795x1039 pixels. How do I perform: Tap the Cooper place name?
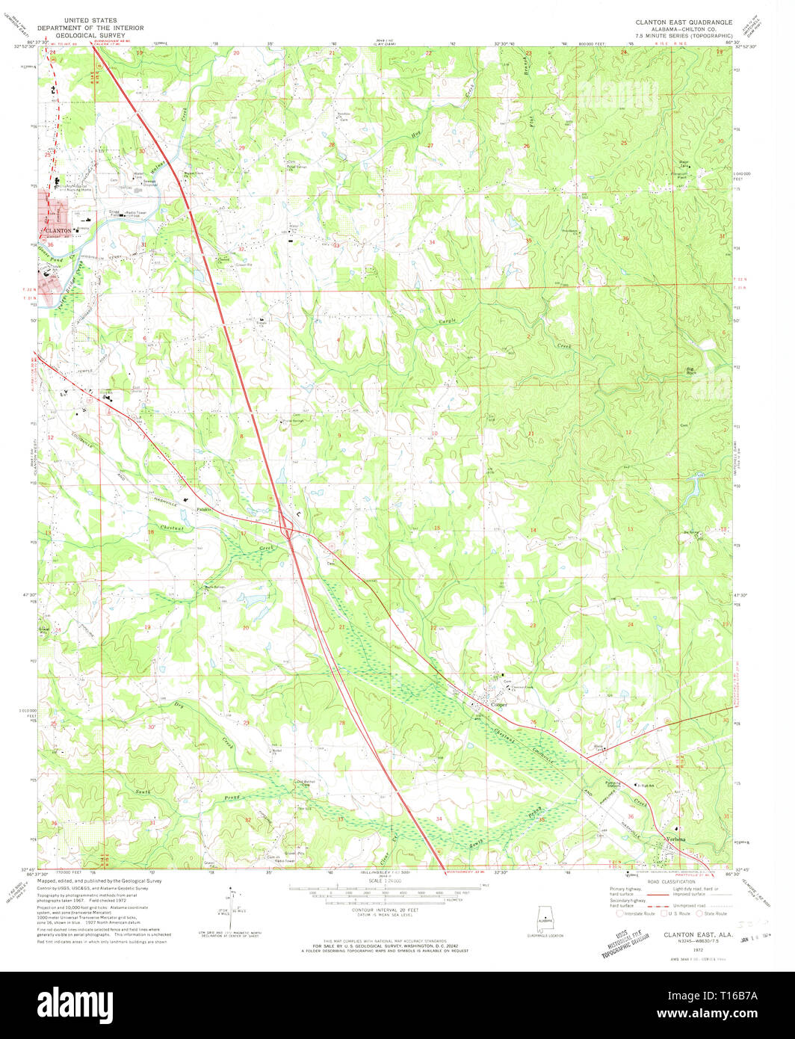tap(499, 704)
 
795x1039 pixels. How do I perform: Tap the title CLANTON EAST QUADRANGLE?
tap(684, 23)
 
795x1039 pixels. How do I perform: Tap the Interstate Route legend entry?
tap(635, 913)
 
